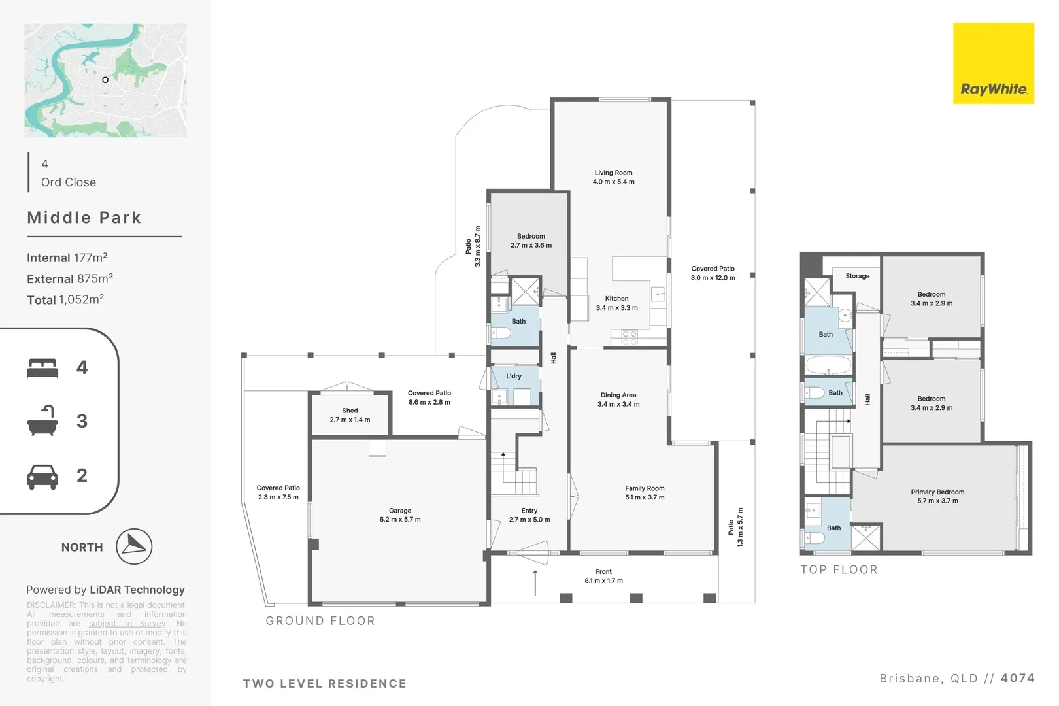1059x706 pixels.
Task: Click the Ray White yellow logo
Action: (993, 63)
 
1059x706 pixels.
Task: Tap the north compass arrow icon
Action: (134, 546)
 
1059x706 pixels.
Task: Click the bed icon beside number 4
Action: (42, 368)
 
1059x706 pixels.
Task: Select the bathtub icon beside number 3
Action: (42, 421)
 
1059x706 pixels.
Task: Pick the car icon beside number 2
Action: (42, 476)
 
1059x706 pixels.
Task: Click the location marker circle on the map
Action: (105, 80)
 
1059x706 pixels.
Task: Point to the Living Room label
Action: (613, 173)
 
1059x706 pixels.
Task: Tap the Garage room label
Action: (399, 511)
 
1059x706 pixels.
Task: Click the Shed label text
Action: (350, 411)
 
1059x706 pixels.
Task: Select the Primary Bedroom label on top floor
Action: (937, 492)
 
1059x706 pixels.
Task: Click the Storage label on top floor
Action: (857, 276)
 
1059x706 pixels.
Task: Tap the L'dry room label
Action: (514, 376)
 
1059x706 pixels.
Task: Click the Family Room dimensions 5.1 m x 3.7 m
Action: (645, 497)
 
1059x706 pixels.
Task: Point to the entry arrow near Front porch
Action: (535, 582)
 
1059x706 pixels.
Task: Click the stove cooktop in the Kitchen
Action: (629, 337)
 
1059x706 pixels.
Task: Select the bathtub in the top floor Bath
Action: (828, 365)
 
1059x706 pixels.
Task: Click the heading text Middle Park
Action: (84, 218)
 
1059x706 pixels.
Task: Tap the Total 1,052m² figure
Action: (65, 299)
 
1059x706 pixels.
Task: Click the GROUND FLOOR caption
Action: (320, 620)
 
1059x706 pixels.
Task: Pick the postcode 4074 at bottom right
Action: (1017, 678)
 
